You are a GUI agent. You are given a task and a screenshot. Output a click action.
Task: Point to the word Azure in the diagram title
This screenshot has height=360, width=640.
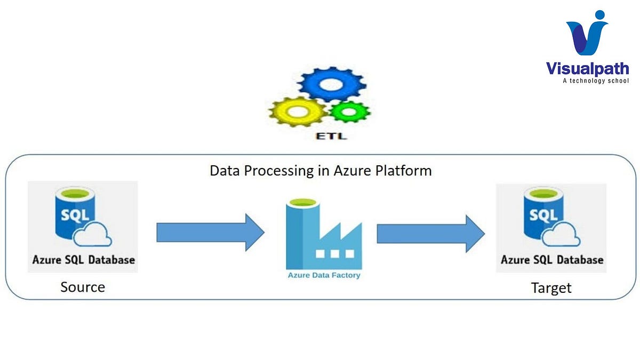click(354, 171)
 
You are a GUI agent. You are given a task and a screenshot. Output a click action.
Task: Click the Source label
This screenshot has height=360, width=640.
click(83, 287)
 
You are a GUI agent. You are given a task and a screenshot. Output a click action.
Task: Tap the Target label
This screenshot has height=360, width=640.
click(551, 288)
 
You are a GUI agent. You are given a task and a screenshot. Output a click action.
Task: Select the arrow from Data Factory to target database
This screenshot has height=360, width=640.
click(430, 233)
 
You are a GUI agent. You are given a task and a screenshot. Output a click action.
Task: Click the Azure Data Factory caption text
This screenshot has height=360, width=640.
click(324, 276)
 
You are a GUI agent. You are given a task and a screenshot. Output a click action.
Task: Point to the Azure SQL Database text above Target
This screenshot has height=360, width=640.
click(552, 260)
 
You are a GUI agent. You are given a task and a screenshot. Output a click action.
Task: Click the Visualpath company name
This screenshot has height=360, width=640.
click(587, 69)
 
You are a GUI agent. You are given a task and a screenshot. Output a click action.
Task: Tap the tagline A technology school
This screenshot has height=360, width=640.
click(596, 81)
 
